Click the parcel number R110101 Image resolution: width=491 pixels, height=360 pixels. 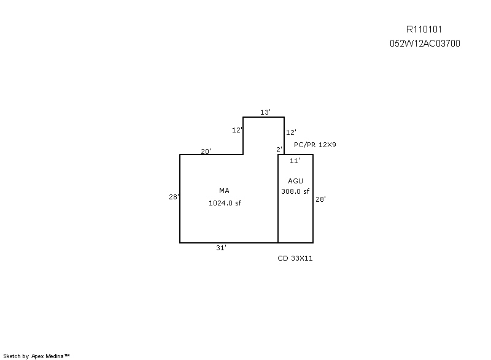424,29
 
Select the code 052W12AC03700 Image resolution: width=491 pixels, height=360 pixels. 425,44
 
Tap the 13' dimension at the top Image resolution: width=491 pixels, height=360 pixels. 265,112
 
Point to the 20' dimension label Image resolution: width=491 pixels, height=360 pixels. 206,151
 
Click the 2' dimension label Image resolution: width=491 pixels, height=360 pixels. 279,150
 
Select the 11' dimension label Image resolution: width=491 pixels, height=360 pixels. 295,161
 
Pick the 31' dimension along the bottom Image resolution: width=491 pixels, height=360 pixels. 221,248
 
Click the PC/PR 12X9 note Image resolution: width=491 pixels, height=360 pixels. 315,145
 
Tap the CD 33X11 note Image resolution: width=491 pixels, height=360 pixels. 295,258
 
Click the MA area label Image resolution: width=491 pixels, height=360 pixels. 224,191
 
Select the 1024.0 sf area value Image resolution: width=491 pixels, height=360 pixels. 225,203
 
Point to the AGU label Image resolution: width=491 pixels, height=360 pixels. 296,181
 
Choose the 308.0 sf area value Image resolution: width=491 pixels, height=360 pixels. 295,191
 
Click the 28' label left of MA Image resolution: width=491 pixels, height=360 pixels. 174,197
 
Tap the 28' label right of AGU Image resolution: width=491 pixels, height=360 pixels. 320,199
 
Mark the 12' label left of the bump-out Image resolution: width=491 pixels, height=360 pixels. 237,130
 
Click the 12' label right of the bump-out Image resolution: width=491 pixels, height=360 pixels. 291,132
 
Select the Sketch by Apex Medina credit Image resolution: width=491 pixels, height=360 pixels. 36,356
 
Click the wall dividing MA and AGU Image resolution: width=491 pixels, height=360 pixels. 278,199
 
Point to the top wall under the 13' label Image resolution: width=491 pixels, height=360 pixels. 264,117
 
